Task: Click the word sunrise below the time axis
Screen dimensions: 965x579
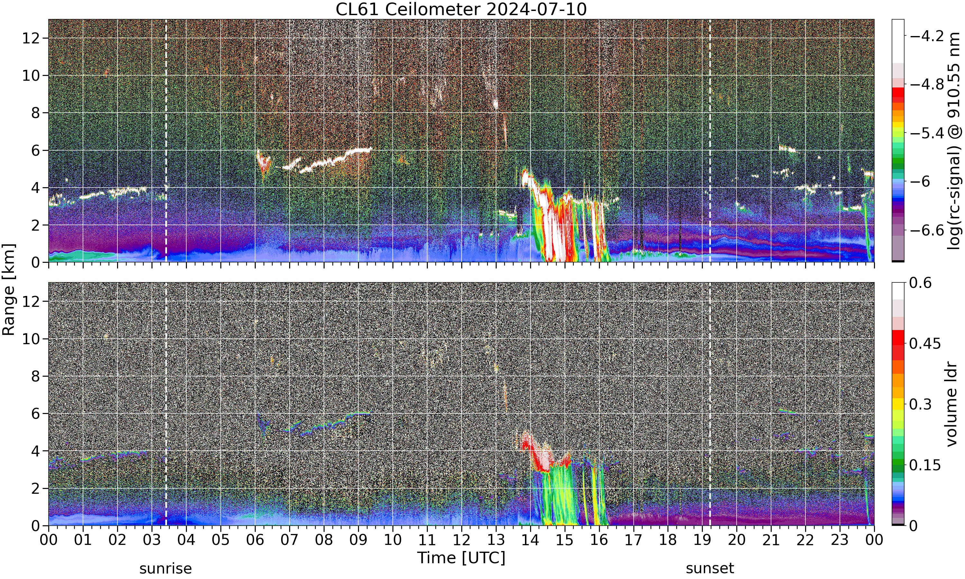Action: (166, 568)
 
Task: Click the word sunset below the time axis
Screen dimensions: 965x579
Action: (710, 568)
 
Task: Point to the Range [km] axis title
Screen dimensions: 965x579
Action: (9, 289)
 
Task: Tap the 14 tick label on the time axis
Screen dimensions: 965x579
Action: (530, 540)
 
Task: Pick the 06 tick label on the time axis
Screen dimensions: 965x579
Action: (255, 540)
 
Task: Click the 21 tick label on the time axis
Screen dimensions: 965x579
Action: (771, 540)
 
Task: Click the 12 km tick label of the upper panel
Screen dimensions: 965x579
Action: (31, 38)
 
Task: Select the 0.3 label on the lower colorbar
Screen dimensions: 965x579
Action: (921, 404)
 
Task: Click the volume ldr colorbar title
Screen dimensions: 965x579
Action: (951, 404)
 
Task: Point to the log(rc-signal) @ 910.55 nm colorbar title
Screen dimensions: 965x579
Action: (954, 141)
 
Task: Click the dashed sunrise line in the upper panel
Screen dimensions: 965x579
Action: (166, 141)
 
